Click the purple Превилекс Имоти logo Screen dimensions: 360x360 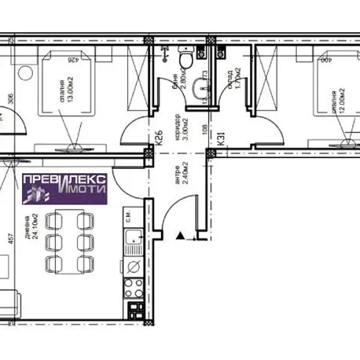(65, 189)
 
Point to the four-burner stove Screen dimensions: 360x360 (133, 288)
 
